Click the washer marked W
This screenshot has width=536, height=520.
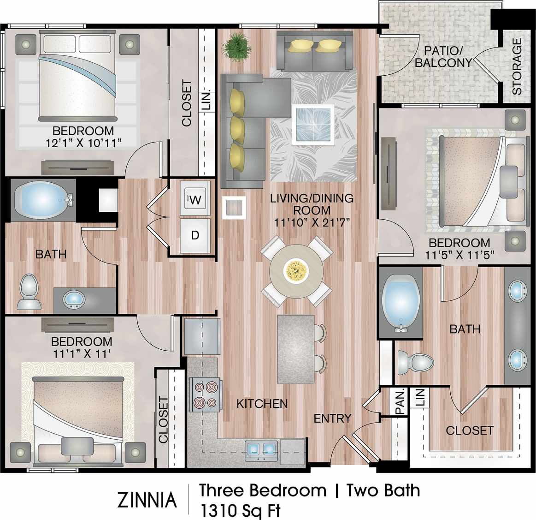click(195, 199)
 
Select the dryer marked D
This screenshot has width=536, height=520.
click(195, 235)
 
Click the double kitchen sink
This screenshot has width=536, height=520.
click(261, 448)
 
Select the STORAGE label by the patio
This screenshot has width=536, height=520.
click(517, 66)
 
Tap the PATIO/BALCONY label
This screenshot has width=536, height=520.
click(443, 56)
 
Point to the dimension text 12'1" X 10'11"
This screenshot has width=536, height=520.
click(83, 143)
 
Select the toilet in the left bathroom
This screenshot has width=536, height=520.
click(29, 292)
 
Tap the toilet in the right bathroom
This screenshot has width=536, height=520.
click(415, 362)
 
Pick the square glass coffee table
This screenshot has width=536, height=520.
click(313, 125)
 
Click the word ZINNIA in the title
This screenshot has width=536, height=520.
click(147, 500)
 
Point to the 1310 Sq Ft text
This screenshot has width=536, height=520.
click(239, 510)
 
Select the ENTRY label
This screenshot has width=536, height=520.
click(332, 418)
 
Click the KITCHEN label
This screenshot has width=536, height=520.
click(262, 403)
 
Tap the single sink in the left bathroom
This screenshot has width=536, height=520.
click(73, 299)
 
